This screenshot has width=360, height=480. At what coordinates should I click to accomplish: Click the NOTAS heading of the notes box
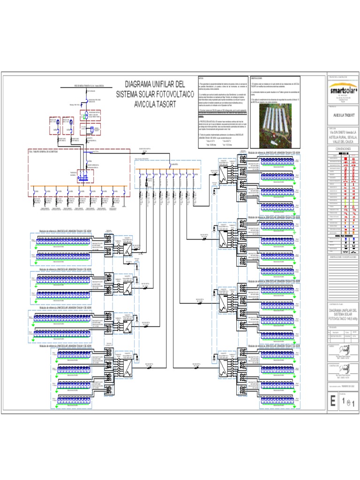[201, 78]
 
